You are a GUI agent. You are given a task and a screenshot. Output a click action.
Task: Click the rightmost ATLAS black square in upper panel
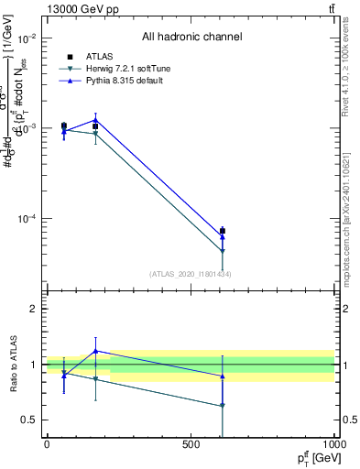click(x=222, y=231)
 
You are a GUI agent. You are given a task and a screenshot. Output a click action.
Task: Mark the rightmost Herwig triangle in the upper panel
click(x=222, y=251)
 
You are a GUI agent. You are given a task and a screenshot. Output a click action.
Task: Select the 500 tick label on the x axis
click(x=191, y=444)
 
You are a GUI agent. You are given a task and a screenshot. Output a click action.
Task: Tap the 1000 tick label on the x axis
click(x=332, y=444)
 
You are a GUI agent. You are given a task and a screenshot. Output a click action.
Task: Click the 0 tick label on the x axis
click(x=47, y=444)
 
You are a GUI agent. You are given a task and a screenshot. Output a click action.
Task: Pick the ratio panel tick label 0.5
click(x=29, y=420)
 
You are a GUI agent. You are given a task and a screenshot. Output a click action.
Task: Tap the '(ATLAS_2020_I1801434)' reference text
click(x=190, y=274)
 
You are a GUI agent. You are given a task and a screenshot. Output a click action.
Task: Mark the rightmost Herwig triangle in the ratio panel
click(x=222, y=405)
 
